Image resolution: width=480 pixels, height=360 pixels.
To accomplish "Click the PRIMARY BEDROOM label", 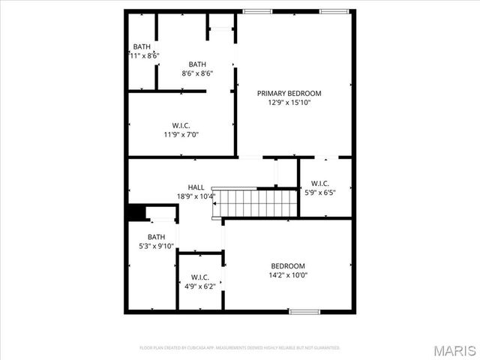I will (289, 93).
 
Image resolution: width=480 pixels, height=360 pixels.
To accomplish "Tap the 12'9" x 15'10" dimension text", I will (289, 103).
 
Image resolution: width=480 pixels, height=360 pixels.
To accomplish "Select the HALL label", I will (196, 187).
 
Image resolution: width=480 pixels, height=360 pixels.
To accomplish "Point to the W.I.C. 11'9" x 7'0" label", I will (181, 130).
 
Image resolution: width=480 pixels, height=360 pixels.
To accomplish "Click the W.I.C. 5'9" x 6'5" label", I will (319, 187).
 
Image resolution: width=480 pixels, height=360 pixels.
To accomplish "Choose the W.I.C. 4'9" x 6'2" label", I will (199, 281).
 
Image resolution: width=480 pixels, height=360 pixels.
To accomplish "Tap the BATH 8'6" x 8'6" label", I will (197, 69).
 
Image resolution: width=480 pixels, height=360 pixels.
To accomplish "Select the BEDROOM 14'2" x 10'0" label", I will (288, 270).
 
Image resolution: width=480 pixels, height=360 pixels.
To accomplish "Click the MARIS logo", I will (454, 349).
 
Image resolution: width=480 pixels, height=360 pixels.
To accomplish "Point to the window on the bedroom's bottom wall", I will (305, 311).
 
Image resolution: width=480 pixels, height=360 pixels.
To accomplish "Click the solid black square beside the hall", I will (135, 213).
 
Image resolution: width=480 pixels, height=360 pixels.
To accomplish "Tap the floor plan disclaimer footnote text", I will (240, 348).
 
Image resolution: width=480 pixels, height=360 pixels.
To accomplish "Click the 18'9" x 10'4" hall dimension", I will (196, 196).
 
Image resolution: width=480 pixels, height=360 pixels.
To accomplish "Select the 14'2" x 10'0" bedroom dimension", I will (288, 275).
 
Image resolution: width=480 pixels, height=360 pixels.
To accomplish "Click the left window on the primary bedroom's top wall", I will (257, 11).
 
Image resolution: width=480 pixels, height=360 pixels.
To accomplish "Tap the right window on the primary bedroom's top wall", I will (333, 11).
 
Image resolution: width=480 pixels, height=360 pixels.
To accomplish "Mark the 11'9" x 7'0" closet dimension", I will (181, 135).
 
